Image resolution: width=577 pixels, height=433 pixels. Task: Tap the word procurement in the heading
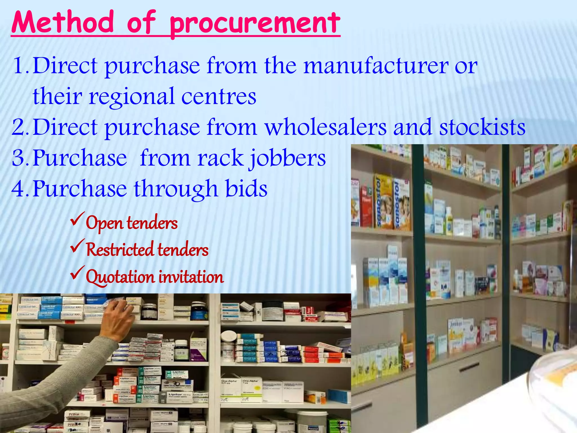click(255, 24)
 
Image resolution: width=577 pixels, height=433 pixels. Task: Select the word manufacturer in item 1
click(376, 66)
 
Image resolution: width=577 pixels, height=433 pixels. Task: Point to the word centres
click(219, 96)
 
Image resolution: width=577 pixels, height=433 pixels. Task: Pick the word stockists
click(482, 127)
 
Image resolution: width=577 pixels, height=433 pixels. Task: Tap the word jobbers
click(287, 158)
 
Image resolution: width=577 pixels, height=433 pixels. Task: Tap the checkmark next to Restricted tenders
click(77, 246)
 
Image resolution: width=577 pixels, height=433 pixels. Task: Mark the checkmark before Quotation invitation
click(77, 273)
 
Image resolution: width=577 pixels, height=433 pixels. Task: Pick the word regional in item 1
click(132, 97)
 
